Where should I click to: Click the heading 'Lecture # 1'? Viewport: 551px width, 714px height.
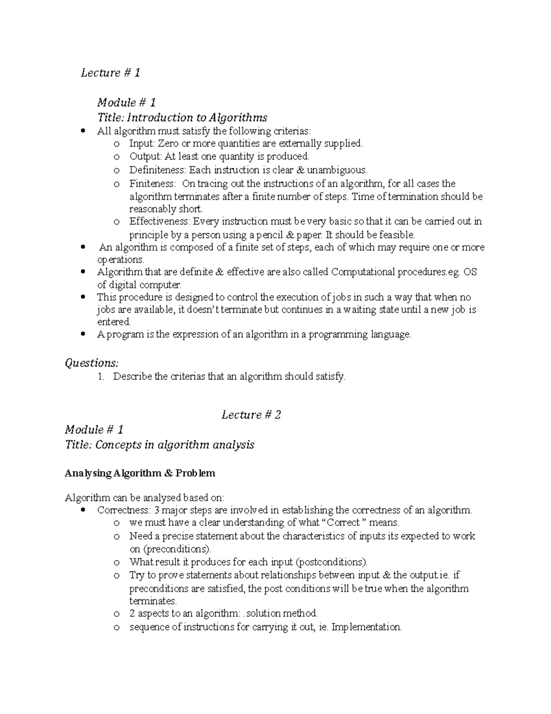click(x=110, y=73)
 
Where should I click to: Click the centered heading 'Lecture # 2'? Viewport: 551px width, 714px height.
click(x=251, y=415)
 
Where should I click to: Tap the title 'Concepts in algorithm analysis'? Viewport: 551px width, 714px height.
click(x=174, y=445)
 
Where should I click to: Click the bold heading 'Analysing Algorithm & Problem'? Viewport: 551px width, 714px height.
click(x=140, y=473)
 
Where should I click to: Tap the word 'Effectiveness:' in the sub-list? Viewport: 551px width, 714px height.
click(x=159, y=222)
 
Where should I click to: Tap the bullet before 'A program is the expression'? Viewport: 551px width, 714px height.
click(x=83, y=335)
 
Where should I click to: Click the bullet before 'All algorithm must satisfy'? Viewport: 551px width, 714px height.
click(x=83, y=131)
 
